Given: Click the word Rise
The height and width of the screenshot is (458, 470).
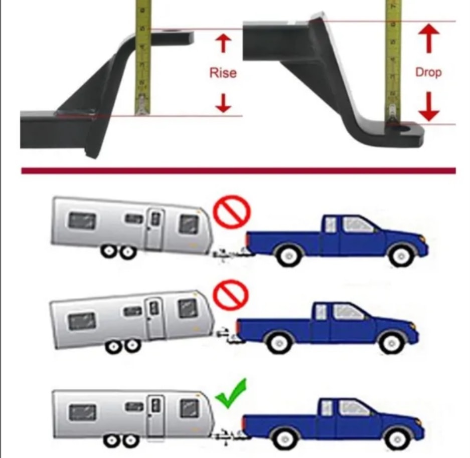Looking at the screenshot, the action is pos(223,73).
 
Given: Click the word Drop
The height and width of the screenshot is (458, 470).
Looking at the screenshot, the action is pos(428,72).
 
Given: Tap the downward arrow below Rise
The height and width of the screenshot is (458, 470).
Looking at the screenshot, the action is pos(223,103).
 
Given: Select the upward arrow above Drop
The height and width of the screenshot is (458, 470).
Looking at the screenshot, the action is pos(429,39).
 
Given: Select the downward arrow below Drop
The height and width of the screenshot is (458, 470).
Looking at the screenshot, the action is pos(429,107).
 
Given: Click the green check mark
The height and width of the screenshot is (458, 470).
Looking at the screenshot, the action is pos(231,393).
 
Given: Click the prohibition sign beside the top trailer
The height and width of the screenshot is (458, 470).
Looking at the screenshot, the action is pos(232,211).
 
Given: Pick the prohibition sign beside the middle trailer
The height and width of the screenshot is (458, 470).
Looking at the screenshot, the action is pos(231,294).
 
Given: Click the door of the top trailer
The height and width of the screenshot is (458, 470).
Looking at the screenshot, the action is pos(155,230).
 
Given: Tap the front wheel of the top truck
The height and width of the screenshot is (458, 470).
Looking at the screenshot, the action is pos(401,256).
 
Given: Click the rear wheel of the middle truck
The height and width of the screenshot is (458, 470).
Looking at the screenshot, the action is pos(279,342).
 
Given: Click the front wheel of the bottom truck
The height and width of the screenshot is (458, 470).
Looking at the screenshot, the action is pos(397,439).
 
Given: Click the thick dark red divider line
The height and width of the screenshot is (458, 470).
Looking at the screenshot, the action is pos(238,171).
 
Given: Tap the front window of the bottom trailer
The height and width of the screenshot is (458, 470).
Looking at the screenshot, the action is pos(190,408).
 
